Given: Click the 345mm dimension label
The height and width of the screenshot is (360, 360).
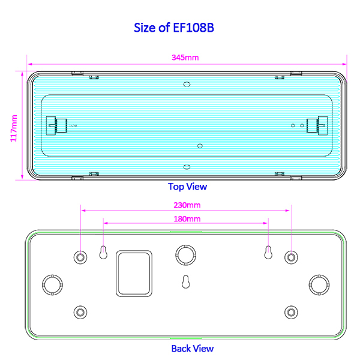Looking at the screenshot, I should [x=185, y=58].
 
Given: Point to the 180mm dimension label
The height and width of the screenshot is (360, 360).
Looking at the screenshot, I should [x=187, y=219].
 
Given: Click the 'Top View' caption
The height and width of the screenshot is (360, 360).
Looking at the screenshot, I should [x=187, y=187].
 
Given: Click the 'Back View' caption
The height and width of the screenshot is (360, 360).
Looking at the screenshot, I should [x=192, y=348].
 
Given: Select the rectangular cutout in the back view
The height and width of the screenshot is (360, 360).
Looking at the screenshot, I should [x=134, y=273].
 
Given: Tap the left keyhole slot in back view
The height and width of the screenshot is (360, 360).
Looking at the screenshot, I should [x=103, y=252].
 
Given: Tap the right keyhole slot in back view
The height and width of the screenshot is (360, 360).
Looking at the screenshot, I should [x=268, y=252].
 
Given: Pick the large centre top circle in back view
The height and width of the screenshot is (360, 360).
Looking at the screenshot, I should [x=186, y=254].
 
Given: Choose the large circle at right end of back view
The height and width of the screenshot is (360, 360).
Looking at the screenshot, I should [x=317, y=283].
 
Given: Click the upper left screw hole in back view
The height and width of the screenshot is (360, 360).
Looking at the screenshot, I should [x=80, y=257].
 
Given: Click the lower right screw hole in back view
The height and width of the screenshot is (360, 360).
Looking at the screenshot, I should [x=291, y=312].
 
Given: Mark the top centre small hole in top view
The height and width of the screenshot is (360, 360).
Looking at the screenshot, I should [x=187, y=85].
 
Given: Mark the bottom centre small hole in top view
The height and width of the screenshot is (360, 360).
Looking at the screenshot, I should [x=187, y=167].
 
